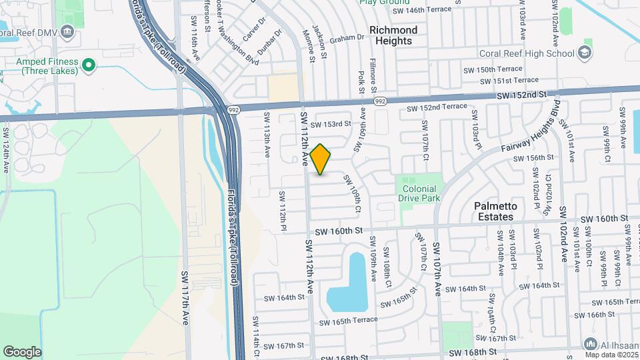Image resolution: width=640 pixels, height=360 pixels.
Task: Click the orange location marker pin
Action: click(321, 159)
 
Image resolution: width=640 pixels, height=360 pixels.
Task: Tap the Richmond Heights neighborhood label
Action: click(393, 35)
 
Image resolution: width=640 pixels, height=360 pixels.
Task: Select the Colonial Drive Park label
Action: click(419, 193)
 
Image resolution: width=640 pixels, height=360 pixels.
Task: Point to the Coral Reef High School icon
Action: click(585, 53)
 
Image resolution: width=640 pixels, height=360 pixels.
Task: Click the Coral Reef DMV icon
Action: click(66, 31)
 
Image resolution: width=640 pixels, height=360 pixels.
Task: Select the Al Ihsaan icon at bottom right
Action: click(589, 344)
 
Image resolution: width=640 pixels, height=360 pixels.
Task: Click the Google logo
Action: click(22, 351)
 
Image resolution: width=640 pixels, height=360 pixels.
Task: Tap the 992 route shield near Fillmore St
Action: click(380, 102)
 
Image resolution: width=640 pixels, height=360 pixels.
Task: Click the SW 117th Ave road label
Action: click(186, 297)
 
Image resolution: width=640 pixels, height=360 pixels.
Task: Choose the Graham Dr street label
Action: click(347, 37)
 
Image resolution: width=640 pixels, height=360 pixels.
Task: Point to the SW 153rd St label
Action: click(333, 124)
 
